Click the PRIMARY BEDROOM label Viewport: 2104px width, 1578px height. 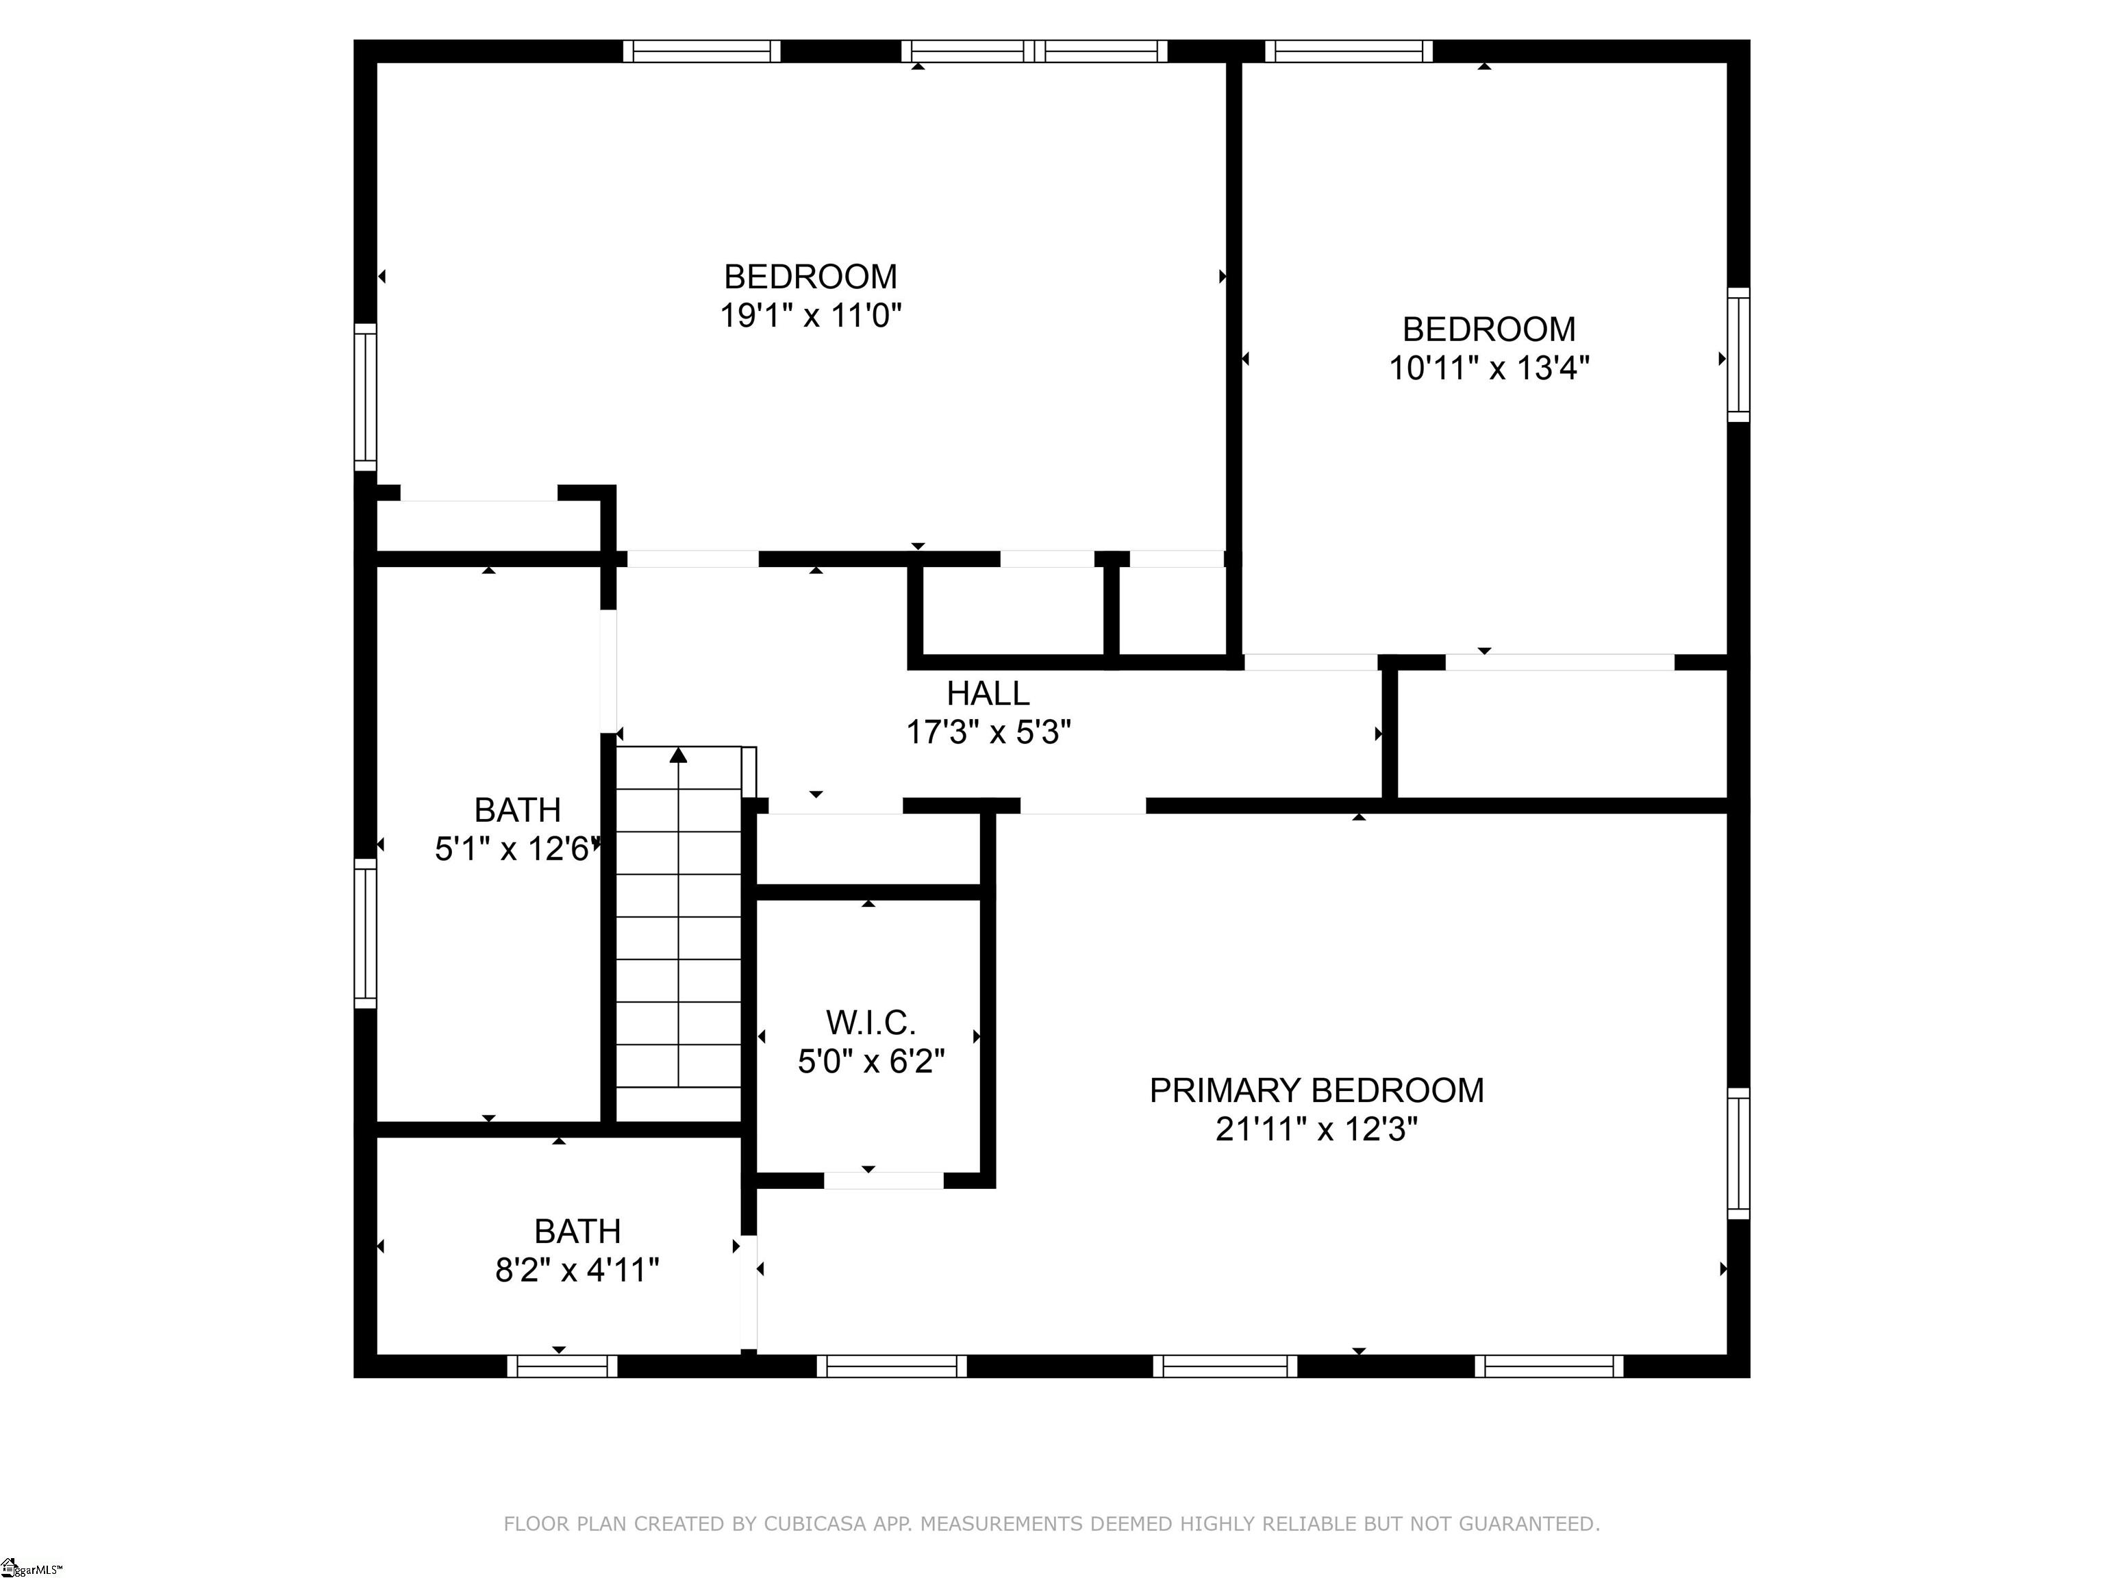pyautogui.click(x=1316, y=1090)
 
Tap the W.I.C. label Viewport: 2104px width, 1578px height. pyautogui.click(x=871, y=1023)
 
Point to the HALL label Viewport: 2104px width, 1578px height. pyautogui.click(x=988, y=693)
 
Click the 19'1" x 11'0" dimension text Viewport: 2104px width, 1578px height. pyautogui.click(x=810, y=315)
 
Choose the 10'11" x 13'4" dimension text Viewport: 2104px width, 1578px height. pyautogui.click(x=1490, y=367)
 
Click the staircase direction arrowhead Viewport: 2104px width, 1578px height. pyautogui.click(x=678, y=755)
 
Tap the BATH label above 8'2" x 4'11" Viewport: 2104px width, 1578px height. pyautogui.click(x=577, y=1231)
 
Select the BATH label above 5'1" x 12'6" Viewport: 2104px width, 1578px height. pyautogui.click(x=518, y=810)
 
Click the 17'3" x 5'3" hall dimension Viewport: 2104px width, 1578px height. pyautogui.click(x=988, y=732)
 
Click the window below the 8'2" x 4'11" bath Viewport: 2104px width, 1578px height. pyautogui.click(x=562, y=1367)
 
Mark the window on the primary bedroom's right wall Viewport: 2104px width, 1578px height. pyautogui.click(x=1739, y=1154)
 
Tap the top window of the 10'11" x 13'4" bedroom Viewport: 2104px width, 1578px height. pyautogui.click(x=1349, y=51)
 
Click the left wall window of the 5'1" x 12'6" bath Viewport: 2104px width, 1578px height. pyautogui.click(x=365, y=933)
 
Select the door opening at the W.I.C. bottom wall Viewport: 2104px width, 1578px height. pyautogui.click(x=884, y=1180)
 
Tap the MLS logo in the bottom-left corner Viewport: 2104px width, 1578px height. pyautogui.click(x=32, y=1566)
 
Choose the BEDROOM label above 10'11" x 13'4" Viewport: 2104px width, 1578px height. pyautogui.click(x=1490, y=329)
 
